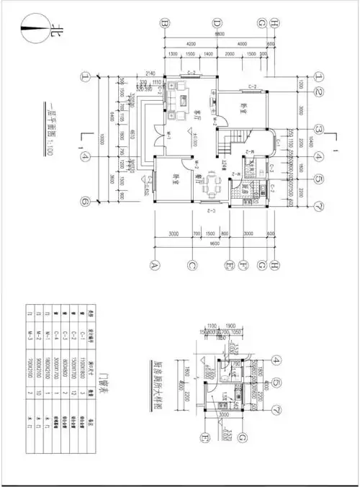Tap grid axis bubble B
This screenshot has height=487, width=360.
click(x=165, y=23)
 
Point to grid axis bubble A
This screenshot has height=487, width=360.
click(x=153, y=264)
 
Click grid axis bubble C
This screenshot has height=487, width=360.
click(x=192, y=264)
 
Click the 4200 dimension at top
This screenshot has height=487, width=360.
click(x=189, y=43)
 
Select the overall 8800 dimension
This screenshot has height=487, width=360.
click(x=218, y=34)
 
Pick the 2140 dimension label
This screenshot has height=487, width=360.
click(x=150, y=73)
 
